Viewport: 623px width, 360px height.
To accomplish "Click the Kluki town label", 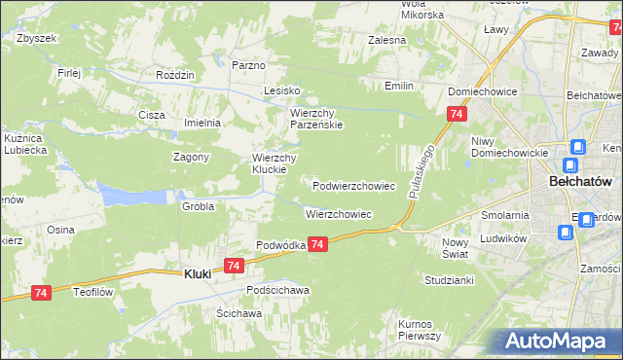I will tap(198, 275).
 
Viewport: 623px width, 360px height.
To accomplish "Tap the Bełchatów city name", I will tap(580, 182).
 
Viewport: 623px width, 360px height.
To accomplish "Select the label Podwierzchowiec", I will tap(353, 185).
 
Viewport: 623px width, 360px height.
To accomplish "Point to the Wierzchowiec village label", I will tap(339, 214).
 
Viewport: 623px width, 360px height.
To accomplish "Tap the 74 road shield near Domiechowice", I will tap(457, 115).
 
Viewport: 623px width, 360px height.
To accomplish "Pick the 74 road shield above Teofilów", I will tap(40, 292).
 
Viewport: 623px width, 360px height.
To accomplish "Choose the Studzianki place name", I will tap(448, 279).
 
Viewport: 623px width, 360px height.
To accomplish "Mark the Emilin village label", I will tap(398, 87).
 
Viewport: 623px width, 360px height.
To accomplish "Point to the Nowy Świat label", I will tap(456, 247).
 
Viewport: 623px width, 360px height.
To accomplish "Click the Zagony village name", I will tap(192, 157).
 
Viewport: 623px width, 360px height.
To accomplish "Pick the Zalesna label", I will tap(386, 40).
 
